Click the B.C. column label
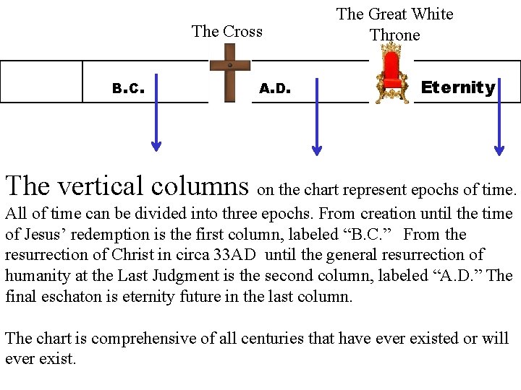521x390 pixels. (x=129, y=90)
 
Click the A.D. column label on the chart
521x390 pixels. (x=275, y=89)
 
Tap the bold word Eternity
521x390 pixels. (x=458, y=88)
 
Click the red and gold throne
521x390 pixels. (x=391, y=73)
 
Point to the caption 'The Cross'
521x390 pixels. (x=226, y=31)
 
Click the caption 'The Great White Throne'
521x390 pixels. (x=395, y=24)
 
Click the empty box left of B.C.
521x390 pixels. (x=41, y=82)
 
